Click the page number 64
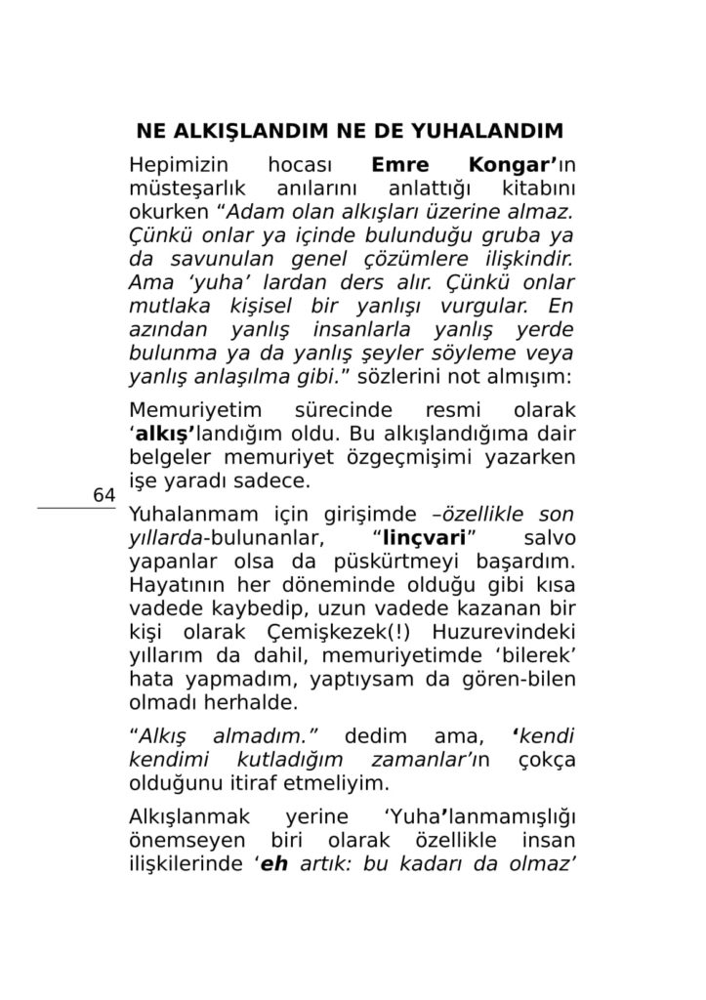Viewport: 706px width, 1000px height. (x=104, y=496)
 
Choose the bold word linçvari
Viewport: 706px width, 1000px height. (x=421, y=538)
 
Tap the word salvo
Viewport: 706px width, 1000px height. (x=549, y=538)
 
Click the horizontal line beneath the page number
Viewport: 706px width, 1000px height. (x=76, y=508)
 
